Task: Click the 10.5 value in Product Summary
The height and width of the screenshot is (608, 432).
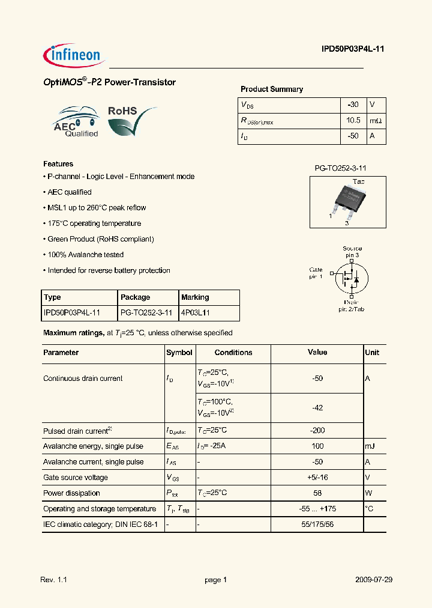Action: pos(353,121)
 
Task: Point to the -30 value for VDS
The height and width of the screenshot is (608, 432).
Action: pos(353,105)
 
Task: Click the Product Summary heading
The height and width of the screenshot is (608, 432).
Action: pos(272,90)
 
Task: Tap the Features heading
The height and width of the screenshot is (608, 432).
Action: pos(58,164)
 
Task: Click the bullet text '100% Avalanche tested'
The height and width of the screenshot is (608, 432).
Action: pos(85,255)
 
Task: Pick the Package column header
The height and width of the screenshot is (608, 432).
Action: pos(136,297)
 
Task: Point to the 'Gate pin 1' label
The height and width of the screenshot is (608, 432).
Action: pos(316,273)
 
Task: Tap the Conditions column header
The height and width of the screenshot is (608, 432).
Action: pos(233,353)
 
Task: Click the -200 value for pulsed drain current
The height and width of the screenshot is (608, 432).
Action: pos(317,431)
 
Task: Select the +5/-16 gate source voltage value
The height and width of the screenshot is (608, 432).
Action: pos(317,478)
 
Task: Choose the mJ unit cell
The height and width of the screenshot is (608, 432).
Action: pos(370,446)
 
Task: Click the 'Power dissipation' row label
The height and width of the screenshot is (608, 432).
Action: pos(71,493)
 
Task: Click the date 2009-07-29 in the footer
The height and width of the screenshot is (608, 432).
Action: pos(374,580)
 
